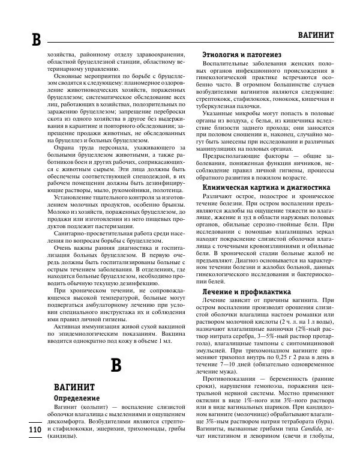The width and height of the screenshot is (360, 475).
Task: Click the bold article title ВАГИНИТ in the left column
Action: click(73, 386)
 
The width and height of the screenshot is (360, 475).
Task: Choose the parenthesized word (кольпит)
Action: click(86, 407)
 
